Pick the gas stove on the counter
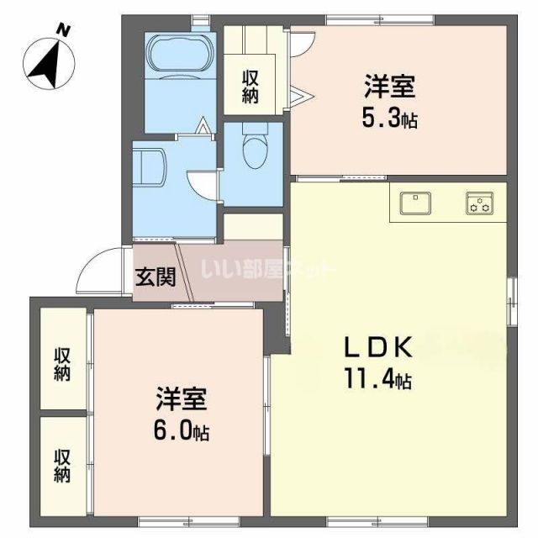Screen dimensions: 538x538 (481, 203)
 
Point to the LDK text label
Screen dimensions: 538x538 (377, 347)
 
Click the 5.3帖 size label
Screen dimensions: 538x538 (389, 119)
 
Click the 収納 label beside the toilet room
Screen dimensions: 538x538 (251, 86)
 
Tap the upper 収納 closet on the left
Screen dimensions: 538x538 (63, 363)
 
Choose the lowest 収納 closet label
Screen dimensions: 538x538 (63, 467)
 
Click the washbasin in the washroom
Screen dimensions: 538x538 (150, 163)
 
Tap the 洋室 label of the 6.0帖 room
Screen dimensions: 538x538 (181, 398)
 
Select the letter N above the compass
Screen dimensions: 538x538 (62, 29)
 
